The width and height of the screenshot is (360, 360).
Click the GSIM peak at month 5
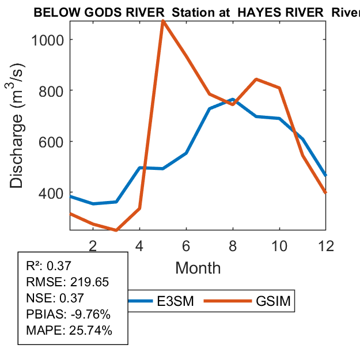(163, 22)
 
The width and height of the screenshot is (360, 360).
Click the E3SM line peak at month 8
(233, 100)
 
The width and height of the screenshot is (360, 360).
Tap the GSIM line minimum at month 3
(116, 230)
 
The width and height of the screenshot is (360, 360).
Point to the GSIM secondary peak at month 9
(256, 79)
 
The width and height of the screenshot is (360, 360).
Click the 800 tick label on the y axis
(52, 90)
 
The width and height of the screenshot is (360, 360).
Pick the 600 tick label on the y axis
(52, 142)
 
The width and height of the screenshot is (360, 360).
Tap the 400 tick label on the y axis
(52, 192)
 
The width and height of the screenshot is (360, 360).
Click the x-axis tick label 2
(93, 245)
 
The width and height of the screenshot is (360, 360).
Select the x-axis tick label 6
(186, 245)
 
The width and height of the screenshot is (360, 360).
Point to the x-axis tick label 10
(279, 245)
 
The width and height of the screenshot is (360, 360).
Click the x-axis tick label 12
(325, 245)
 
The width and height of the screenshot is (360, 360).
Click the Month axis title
(198, 267)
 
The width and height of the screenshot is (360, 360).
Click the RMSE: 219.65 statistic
(67, 282)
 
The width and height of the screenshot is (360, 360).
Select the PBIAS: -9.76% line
(68, 314)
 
